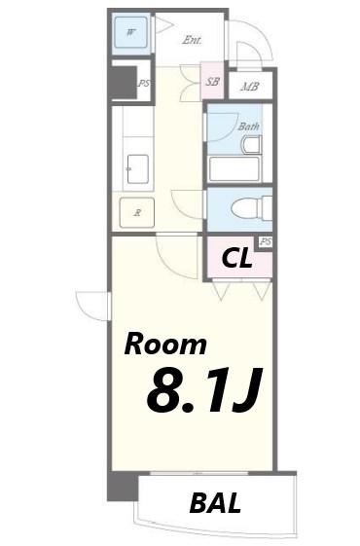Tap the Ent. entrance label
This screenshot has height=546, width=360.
pyautogui.click(x=192, y=40)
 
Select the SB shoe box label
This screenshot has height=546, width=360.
pyautogui.click(x=212, y=82)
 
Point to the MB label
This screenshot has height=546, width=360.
pyautogui.click(x=250, y=87)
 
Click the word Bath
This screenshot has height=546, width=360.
pyautogui.click(x=249, y=126)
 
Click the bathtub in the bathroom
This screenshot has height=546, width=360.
pyautogui.click(x=234, y=168)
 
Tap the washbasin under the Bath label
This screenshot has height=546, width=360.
pyautogui.click(x=251, y=146)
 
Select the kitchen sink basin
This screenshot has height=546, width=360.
pyautogui.click(x=136, y=167)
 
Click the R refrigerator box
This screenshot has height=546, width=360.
pyautogui.click(x=138, y=211)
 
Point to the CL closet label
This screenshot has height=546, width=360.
pyautogui.click(x=238, y=258)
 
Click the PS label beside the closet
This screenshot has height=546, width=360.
pyautogui.click(x=264, y=241)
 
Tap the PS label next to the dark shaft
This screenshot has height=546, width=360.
pyautogui.click(x=144, y=84)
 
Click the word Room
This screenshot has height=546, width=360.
pyautogui.click(x=164, y=344)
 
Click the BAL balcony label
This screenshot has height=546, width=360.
pyautogui.click(x=216, y=503)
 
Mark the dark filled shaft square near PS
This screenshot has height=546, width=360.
pyautogui.click(x=123, y=82)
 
